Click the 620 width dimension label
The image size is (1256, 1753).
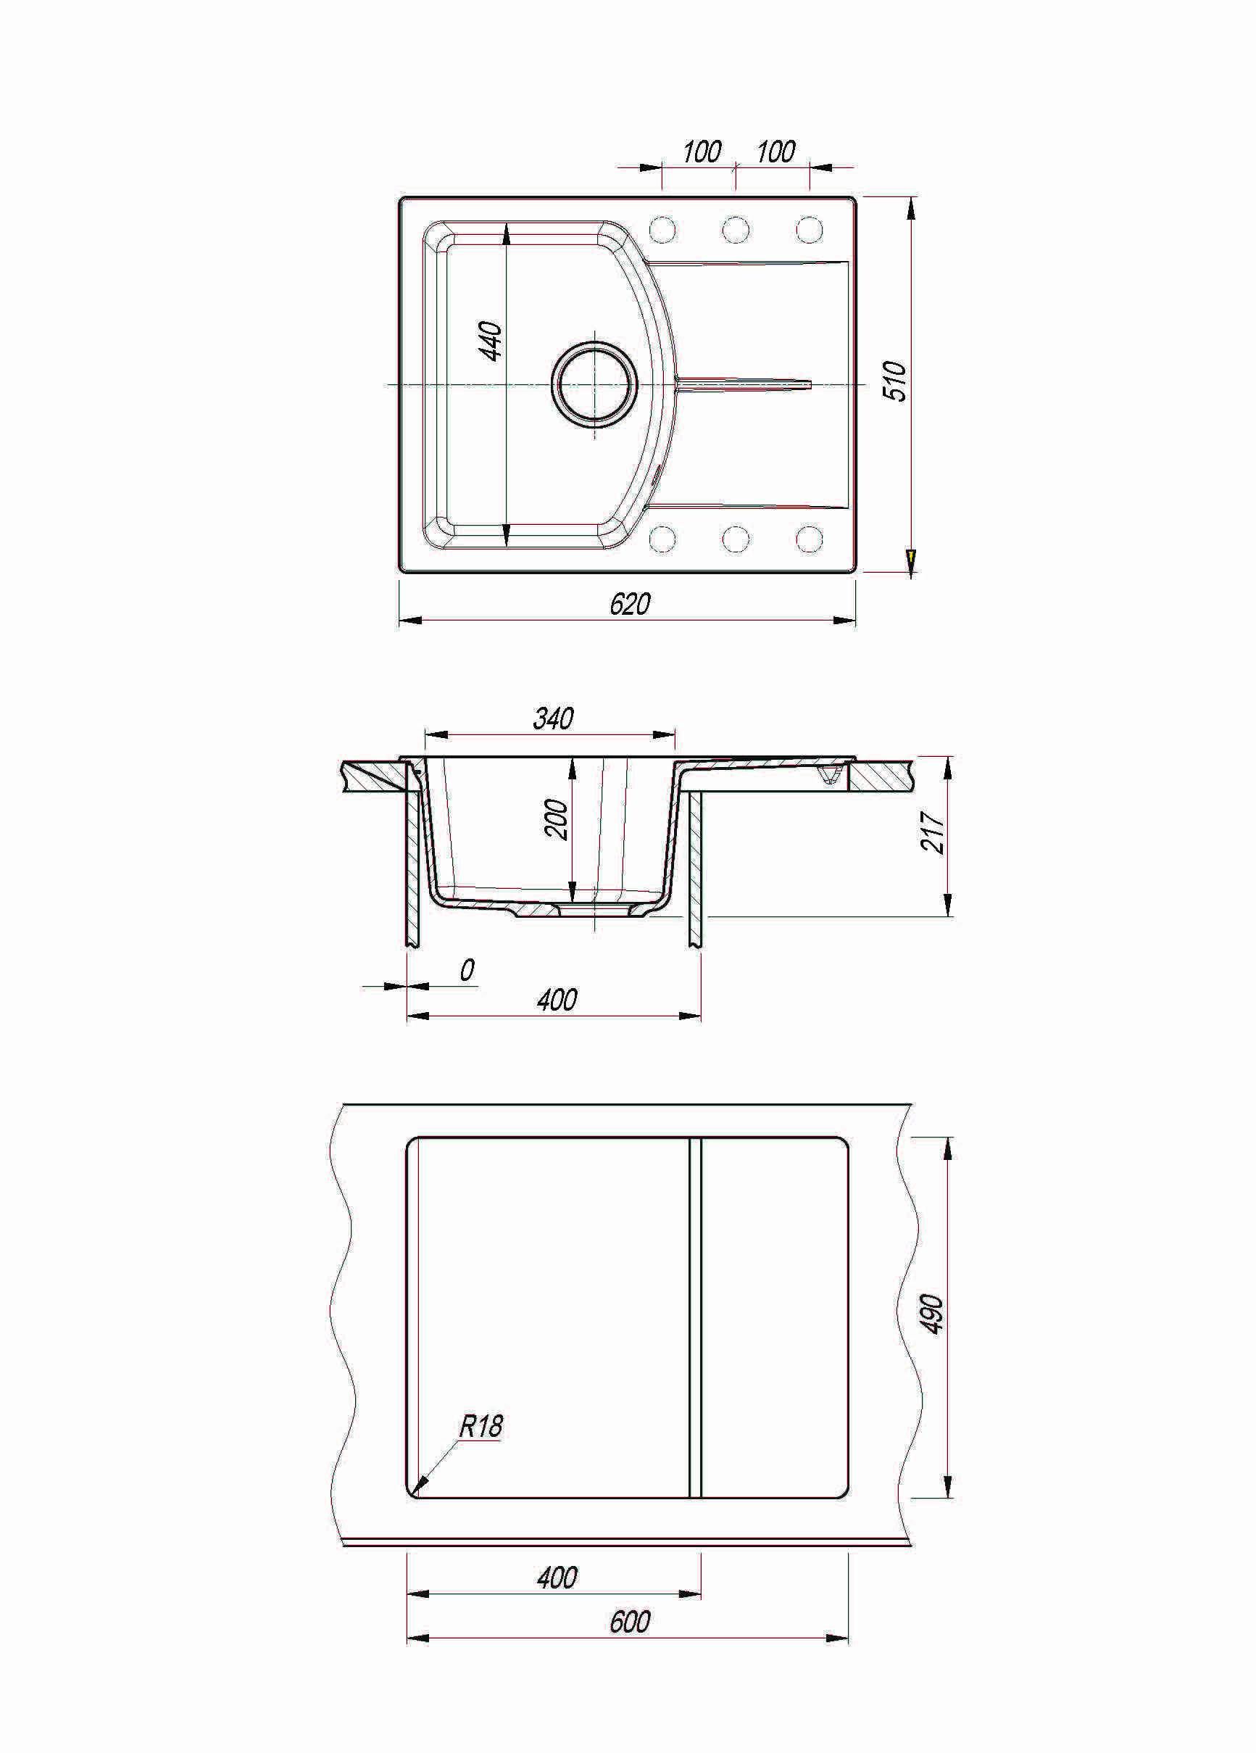click(630, 604)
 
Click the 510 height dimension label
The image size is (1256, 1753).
click(895, 381)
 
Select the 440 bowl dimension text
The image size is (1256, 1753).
click(491, 341)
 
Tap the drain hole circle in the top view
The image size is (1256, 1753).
click(594, 384)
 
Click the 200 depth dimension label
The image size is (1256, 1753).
click(557, 819)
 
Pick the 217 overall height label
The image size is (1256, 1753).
click(933, 832)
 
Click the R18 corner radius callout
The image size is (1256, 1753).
click(481, 1426)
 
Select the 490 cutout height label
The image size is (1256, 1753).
click(933, 1313)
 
